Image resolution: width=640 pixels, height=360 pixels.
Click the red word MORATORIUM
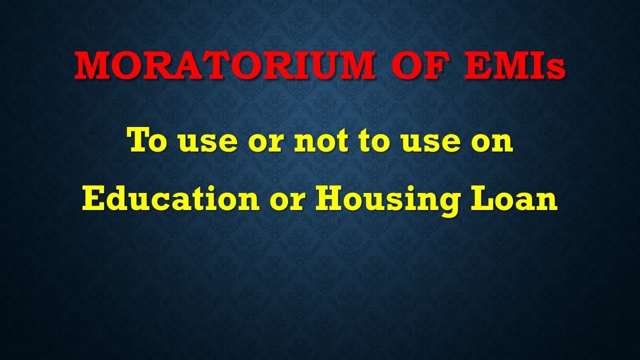coord(224,65)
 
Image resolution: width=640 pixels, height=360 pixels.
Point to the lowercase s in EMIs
coord(556,69)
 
